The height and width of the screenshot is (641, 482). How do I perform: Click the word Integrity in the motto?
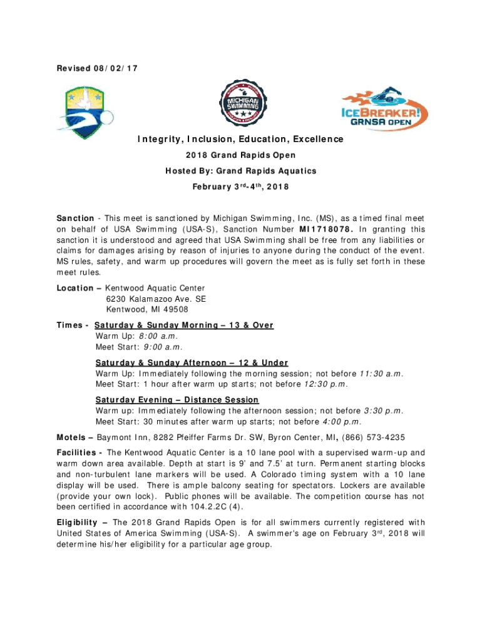(160, 139)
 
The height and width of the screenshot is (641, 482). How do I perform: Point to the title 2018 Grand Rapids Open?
(240, 155)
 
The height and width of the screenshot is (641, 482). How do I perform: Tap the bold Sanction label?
(75, 218)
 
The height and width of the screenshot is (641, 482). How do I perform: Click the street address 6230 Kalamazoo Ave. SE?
(156, 299)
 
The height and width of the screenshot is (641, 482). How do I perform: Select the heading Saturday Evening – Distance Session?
(177, 400)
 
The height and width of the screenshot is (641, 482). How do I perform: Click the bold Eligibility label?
(77, 523)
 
